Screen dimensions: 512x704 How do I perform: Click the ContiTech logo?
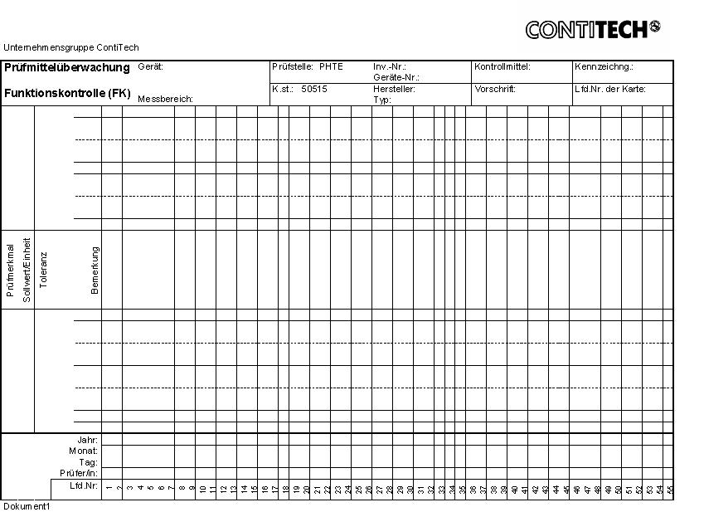point(592,30)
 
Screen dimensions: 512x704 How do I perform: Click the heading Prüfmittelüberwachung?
point(67,67)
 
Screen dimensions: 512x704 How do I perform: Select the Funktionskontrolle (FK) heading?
point(67,94)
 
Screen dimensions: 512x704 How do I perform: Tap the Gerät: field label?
point(150,66)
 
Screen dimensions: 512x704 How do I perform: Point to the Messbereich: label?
point(165,99)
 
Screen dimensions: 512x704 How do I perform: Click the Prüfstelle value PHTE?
point(331,66)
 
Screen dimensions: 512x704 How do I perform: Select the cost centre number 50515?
point(314,89)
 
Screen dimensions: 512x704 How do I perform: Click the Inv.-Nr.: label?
point(389,66)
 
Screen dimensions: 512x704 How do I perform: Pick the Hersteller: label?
point(394,89)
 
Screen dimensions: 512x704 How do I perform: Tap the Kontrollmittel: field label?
point(503,66)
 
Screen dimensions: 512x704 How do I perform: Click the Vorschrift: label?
point(495,89)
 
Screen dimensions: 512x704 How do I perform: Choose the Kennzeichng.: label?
point(604,66)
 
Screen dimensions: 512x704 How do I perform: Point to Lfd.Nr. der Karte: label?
point(610,89)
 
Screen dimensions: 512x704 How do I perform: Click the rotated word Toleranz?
point(44,270)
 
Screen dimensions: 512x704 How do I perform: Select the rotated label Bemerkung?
point(95,270)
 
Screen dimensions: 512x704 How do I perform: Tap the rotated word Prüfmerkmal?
point(10,270)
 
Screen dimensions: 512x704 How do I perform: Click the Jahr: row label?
point(87,440)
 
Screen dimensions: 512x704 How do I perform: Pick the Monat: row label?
point(84,451)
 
